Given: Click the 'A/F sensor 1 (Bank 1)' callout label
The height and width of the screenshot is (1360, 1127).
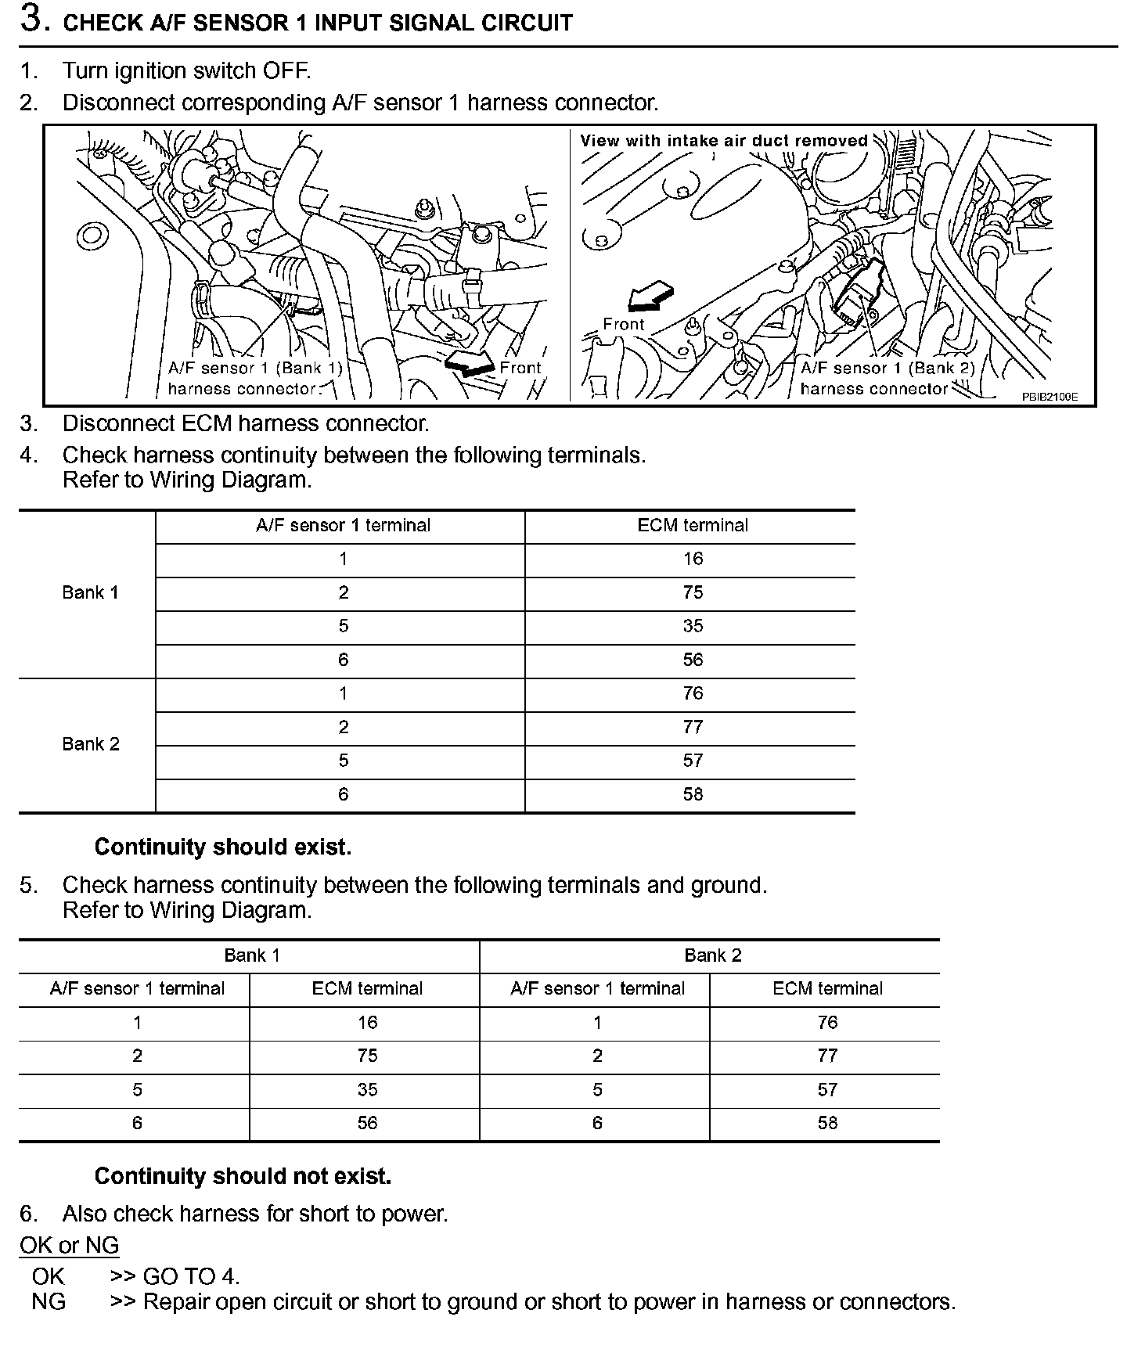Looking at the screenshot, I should [255, 369].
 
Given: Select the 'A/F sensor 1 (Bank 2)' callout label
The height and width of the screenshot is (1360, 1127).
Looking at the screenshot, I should [888, 369].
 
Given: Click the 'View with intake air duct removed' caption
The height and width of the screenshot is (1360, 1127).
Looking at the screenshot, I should [724, 141].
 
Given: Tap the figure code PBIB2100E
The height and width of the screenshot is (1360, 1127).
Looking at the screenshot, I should [1050, 397].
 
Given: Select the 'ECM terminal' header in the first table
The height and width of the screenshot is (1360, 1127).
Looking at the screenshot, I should [693, 526].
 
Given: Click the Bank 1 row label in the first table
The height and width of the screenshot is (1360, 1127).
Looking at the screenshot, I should [90, 593].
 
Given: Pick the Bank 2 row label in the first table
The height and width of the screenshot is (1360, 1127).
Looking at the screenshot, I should [91, 744].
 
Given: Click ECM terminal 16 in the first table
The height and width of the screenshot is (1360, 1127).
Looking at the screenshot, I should [693, 559].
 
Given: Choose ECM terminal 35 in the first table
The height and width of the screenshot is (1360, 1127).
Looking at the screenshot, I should [693, 627].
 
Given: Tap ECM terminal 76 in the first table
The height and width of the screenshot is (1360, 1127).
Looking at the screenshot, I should [693, 694].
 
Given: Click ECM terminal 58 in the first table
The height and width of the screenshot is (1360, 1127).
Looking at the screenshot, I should [693, 795].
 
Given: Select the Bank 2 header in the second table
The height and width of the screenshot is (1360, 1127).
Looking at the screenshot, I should [712, 956].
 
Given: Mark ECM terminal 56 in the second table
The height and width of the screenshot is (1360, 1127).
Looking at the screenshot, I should [367, 1124].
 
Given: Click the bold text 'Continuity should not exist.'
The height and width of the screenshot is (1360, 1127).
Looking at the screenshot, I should [243, 1176].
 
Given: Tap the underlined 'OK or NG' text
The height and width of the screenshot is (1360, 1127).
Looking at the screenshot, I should [70, 1245].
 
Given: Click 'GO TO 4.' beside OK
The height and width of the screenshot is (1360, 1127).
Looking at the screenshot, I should [191, 1276].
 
